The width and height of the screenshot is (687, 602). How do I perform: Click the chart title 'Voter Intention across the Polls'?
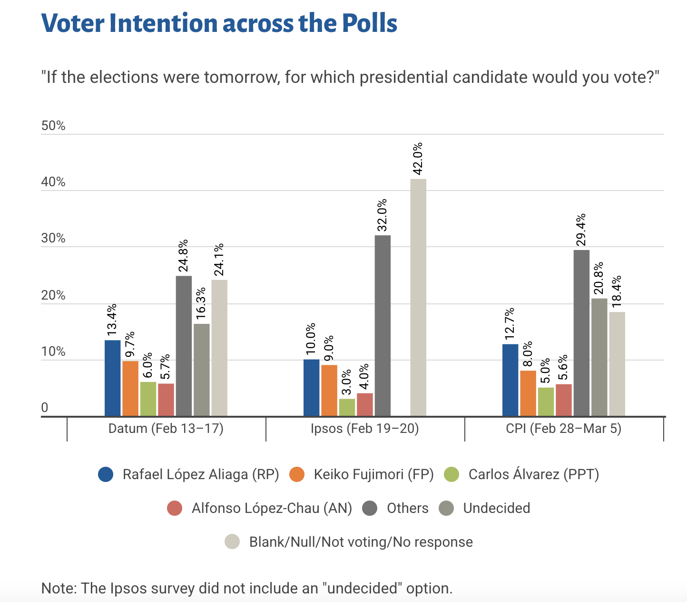tap(219, 23)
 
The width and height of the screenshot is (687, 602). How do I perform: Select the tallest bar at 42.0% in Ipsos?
tap(418, 298)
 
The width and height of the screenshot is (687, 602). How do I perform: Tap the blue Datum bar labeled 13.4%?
tap(112, 378)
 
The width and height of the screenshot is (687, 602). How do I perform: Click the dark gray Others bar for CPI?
tap(581, 333)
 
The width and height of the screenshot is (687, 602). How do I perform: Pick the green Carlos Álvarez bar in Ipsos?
tap(347, 408)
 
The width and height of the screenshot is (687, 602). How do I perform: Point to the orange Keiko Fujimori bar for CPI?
tap(528, 393)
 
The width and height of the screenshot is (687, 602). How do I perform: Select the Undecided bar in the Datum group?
tap(201, 370)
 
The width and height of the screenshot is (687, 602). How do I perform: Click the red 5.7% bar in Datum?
tap(166, 400)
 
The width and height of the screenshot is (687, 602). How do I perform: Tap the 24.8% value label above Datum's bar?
tap(183, 256)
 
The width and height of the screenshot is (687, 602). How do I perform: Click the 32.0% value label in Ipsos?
tap(382, 215)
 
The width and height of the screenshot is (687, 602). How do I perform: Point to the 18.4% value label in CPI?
tap(617, 291)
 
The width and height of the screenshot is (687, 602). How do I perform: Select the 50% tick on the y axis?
tap(53, 126)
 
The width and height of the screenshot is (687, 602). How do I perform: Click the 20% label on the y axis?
tap(53, 295)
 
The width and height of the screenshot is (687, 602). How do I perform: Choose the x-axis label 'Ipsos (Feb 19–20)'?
tap(364, 429)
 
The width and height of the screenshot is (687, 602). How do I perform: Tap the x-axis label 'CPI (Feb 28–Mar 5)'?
tap(563, 429)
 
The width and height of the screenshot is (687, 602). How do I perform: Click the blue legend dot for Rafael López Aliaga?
tap(106, 474)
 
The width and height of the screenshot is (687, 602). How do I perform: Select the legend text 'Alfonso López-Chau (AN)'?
tap(272, 508)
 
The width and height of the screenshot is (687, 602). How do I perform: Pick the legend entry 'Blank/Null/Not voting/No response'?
tap(361, 542)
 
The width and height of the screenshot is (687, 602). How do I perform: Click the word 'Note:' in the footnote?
tap(59, 588)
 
